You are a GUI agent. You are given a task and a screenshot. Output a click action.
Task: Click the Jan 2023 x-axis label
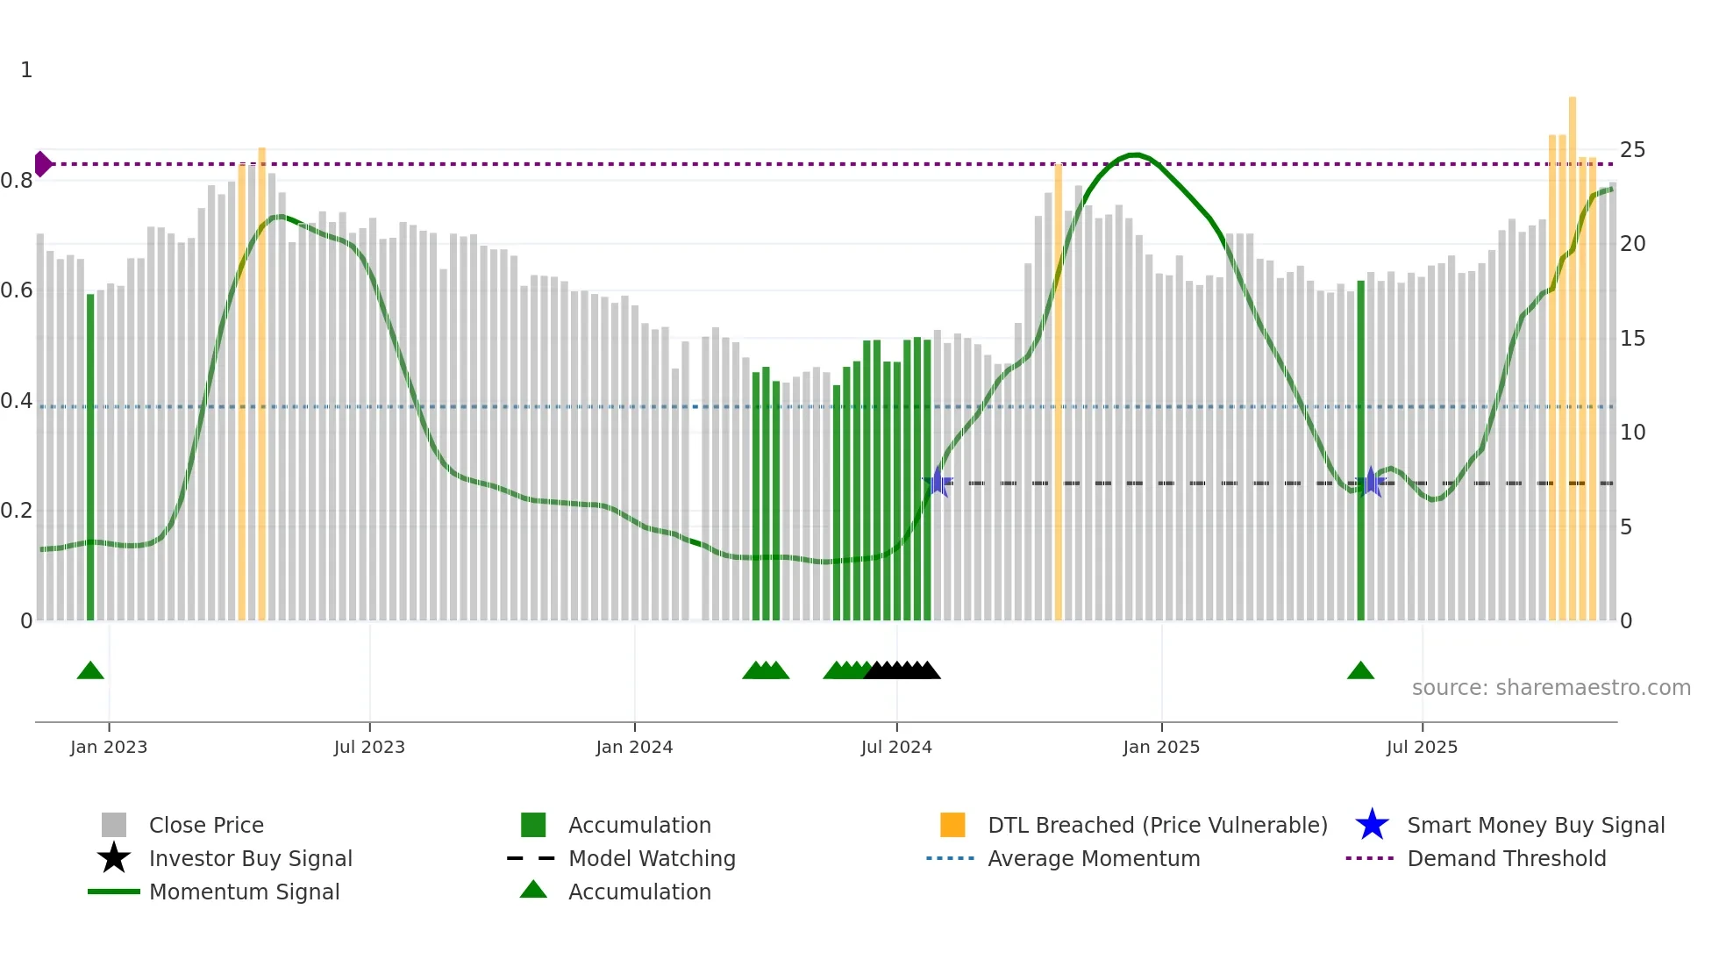109,748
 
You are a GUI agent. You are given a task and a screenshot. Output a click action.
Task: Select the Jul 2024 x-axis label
896,748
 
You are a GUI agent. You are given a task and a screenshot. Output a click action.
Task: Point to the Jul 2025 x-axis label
1422,748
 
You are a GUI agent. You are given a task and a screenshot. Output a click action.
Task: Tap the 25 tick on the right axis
1632,150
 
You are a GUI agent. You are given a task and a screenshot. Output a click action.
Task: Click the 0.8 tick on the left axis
18,181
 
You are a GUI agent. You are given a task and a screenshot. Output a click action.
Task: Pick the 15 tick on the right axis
1632,339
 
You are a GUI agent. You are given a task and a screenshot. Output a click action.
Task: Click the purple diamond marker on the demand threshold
42,164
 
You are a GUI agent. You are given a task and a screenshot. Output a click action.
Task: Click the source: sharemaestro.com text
1551,688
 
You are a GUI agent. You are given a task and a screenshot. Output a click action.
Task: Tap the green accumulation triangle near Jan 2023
90,671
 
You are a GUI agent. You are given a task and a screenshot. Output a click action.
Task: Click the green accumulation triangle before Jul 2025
1360,671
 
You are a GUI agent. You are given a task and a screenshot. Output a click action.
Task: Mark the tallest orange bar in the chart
1573,351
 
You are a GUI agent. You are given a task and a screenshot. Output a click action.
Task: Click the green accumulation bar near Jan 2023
90,456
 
